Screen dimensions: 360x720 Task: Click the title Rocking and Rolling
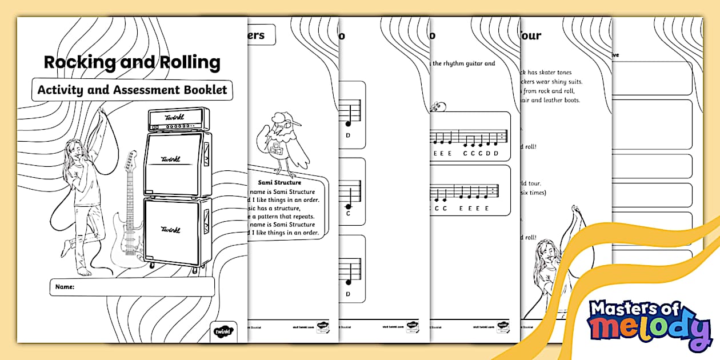coord(132,62)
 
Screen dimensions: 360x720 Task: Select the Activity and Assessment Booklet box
coord(132,90)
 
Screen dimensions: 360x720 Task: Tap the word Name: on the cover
coord(65,287)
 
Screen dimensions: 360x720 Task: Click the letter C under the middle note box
coord(348,213)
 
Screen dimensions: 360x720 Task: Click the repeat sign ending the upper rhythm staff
coord(501,137)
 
